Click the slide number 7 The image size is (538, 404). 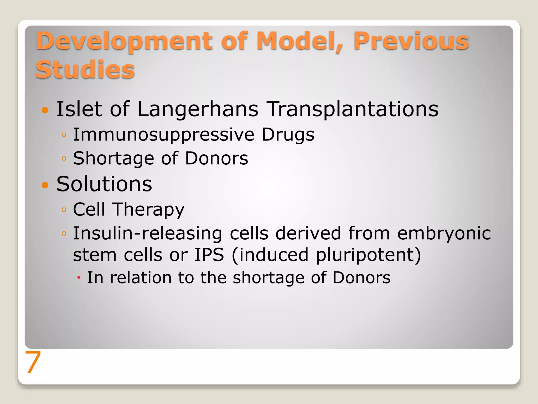[33, 362]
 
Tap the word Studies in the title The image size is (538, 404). [85, 69]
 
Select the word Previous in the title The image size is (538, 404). [411, 41]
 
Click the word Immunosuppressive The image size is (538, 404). [163, 135]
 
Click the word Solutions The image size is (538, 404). [104, 184]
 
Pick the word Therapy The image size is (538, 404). [148, 210]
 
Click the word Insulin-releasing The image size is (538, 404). [147, 234]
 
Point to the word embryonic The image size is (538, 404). [444, 234]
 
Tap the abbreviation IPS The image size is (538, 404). [209, 255]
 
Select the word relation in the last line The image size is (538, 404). [141, 278]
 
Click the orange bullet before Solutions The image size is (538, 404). [45, 185]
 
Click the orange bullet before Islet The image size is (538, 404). [45, 110]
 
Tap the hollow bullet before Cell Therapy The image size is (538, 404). [64, 210]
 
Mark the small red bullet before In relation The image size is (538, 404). [79, 278]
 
